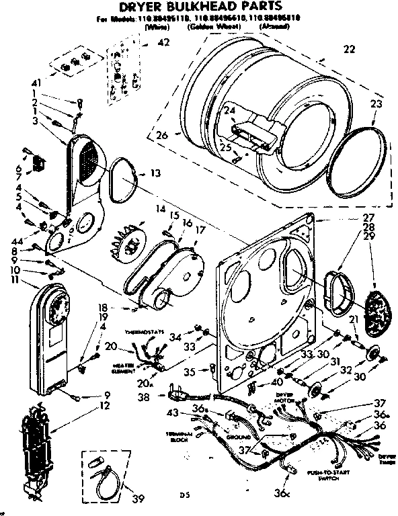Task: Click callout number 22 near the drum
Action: [x=348, y=48]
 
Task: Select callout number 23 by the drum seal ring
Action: [x=375, y=104]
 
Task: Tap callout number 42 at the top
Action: [x=163, y=42]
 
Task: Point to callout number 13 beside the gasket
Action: [x=155, y=173]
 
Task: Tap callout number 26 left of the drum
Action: [x=161, y=135]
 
